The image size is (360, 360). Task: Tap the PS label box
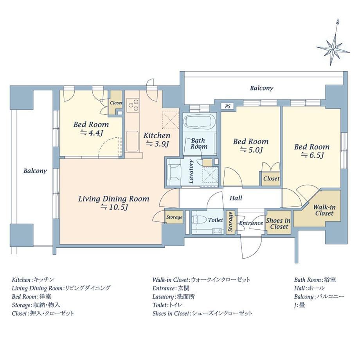[x=227, y=106]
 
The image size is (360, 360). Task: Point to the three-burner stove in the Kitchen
[x=133, y=105]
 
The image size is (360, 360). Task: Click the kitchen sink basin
[x=133, y=141]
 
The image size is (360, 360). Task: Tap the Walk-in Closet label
[x=324, y=210]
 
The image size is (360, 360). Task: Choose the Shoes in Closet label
[x=278, y=223]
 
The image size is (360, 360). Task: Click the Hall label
[x=236, y=198]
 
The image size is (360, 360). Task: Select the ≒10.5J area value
[x=114, y=207]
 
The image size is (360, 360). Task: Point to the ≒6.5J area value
[x=312, y=155]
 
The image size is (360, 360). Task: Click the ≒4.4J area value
[x=92, y=133]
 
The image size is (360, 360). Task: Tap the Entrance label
[x=251, y=223]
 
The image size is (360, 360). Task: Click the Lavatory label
[x=191, y=171]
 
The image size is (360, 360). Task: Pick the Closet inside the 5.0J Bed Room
[x=271, y=178]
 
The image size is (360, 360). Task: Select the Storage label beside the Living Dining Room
[x=174, y=217]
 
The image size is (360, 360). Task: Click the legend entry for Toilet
[x=167, y=305]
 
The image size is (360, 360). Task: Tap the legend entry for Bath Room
[x=315, y=280]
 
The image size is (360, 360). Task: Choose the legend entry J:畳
[x=299, y=305]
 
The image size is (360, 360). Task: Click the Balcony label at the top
[x=261, y=88]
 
